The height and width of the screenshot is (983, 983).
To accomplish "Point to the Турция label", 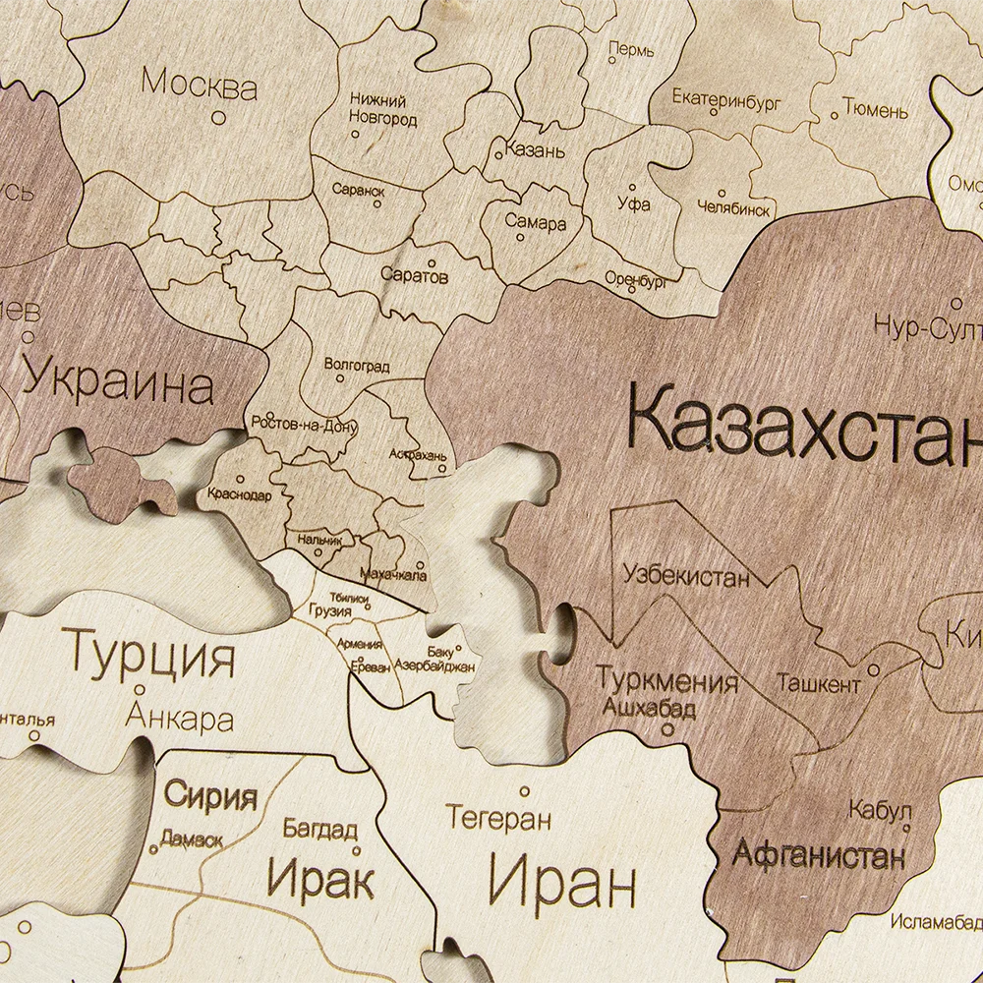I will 150,653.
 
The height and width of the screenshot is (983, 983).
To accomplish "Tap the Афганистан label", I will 818,854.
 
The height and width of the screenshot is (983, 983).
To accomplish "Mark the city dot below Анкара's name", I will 141,689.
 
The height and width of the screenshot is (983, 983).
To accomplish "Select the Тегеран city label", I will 498,818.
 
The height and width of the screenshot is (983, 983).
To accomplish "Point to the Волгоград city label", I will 357,366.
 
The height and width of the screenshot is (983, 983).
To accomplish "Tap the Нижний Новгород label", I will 383,109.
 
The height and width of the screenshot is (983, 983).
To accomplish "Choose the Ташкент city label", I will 819,682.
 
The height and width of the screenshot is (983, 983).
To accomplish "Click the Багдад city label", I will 319,829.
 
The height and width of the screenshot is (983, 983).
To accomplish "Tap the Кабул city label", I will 878,810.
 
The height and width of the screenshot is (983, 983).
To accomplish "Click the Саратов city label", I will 414,277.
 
